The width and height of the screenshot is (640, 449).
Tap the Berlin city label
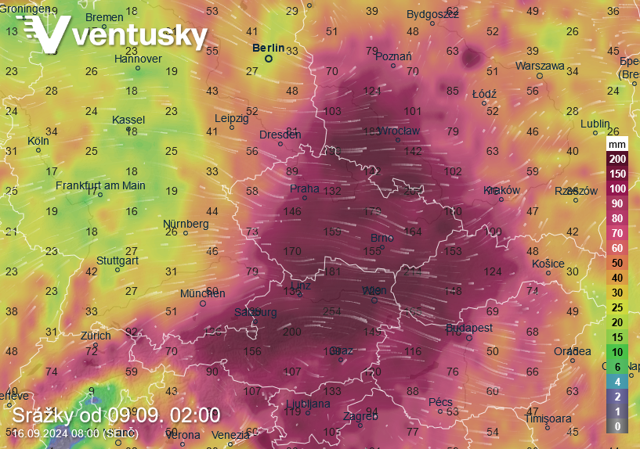pyautogui.click(x=268, y=47)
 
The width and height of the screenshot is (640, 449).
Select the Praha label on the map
pyautogui.click(x=304, y=188)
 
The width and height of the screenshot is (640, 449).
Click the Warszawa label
pyautogui.click(x=540, y=66)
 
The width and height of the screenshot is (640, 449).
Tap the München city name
pyautogui.click(x=202, y=293)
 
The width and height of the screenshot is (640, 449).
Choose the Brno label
pyautogui.click(x=381, y=238)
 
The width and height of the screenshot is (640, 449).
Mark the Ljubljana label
pyautogui.click(x=304, y=404)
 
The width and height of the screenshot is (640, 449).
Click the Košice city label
pyautogui.click(x=548, y=263)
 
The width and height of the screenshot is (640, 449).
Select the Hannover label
pyautogui.click(x=138, y=59)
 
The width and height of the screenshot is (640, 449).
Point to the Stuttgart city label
pyautogui.click(x=118, y=260)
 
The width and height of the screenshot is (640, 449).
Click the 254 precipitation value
pyautogui.click(x=332, y=311)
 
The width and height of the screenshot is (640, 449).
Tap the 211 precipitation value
pyautogui.click(x=413, y=271)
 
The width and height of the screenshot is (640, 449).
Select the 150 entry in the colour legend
pyautogui.click(x=617, y=173)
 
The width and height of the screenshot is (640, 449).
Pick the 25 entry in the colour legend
pyautogui.click(x=617, y=307)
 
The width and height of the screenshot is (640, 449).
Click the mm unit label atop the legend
pyautogui.click(x=617, y=145)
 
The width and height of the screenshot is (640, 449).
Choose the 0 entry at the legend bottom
pyautogui.click(x=617, y=426)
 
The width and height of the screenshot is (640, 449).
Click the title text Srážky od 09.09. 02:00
pyautogui.click(x=116, y=415)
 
